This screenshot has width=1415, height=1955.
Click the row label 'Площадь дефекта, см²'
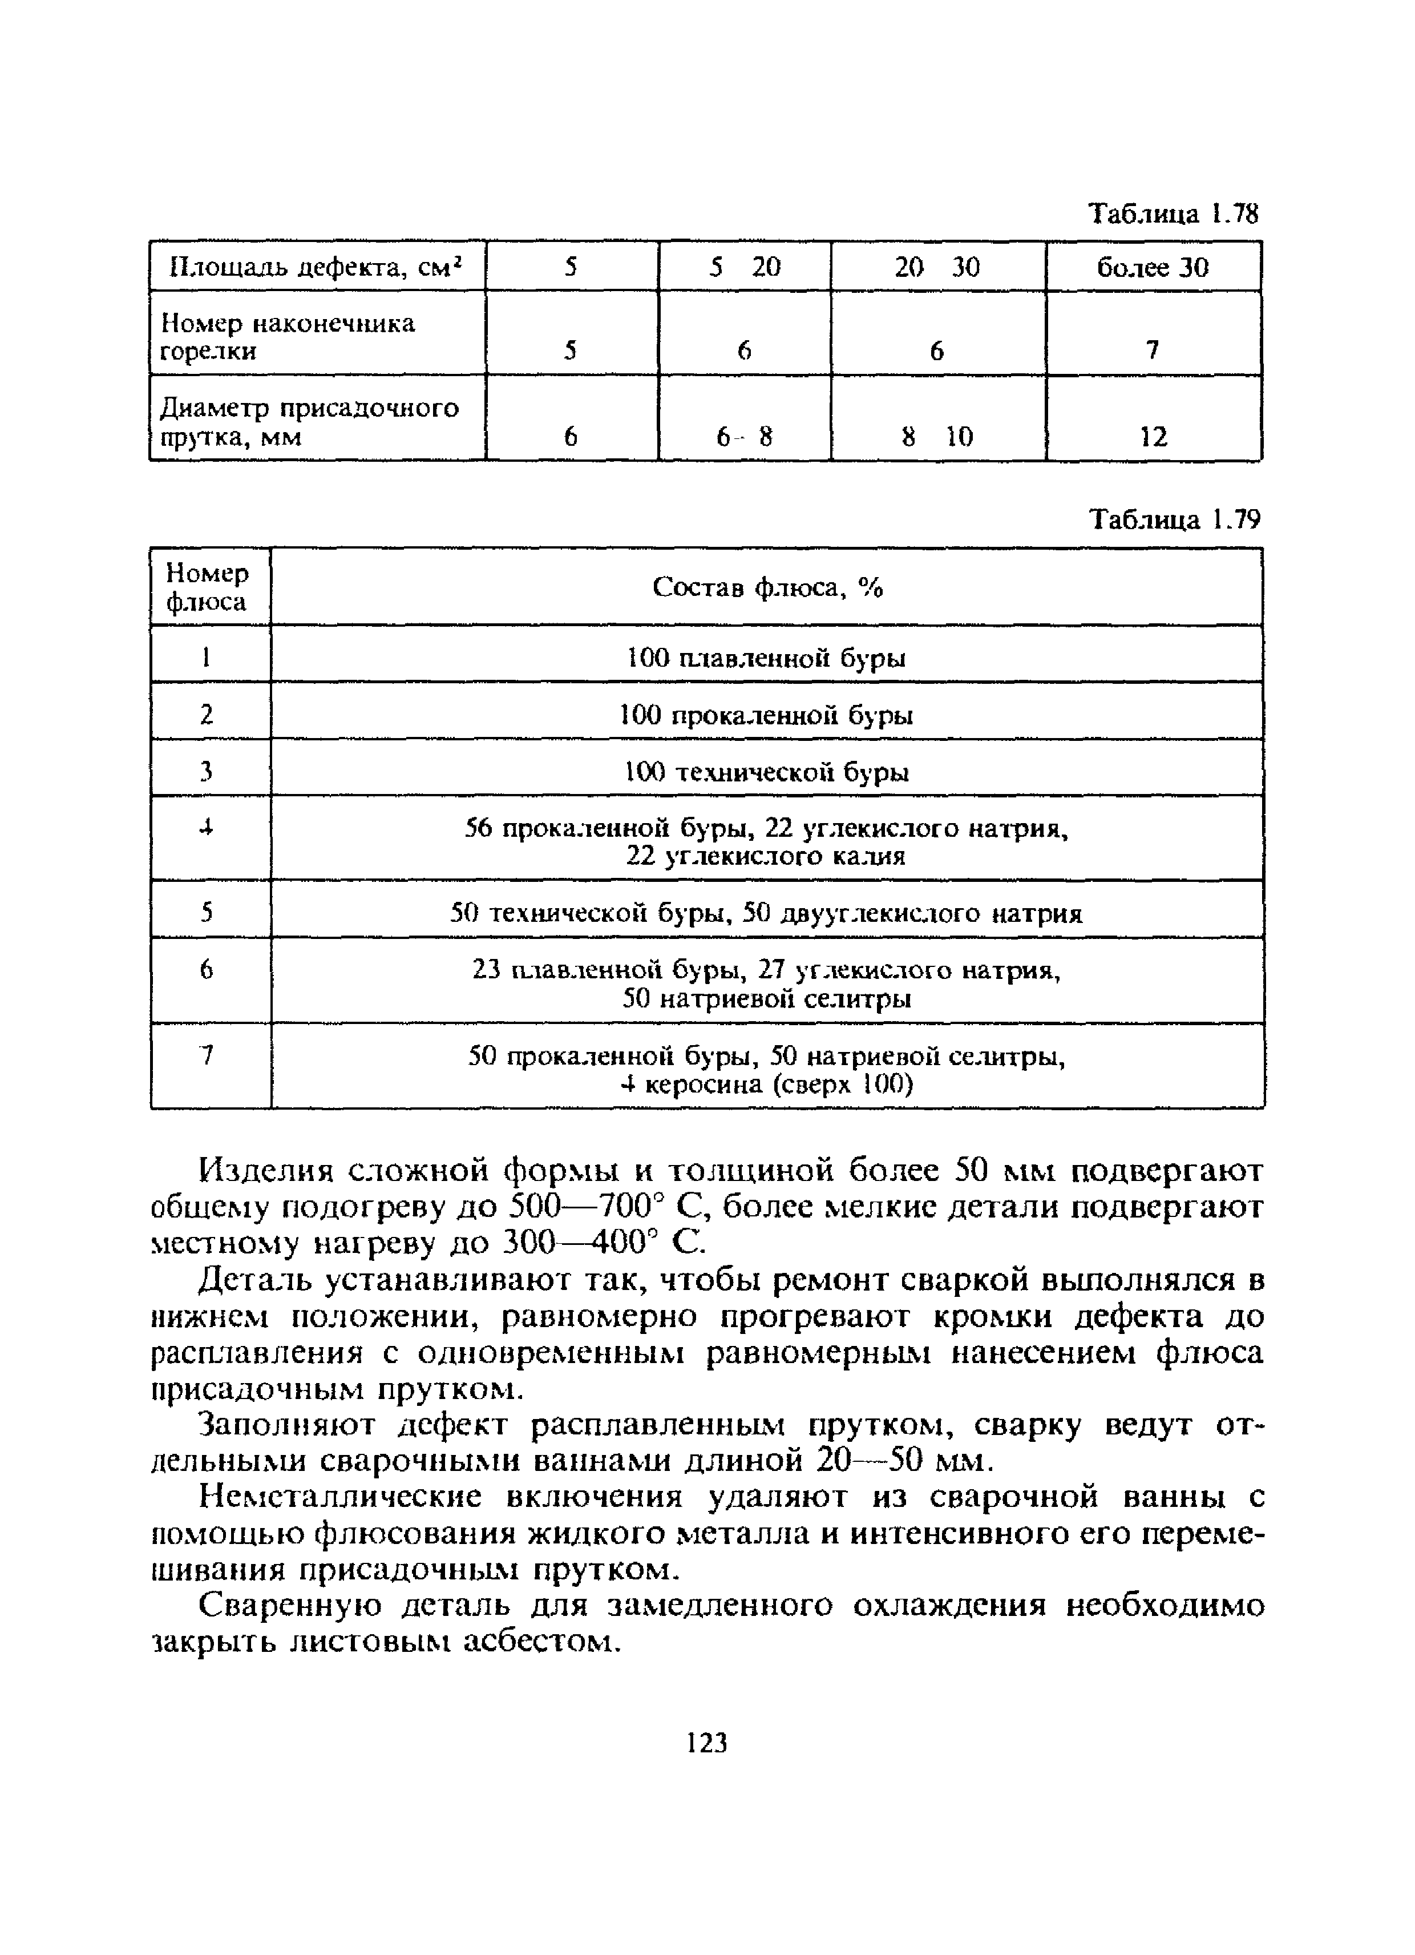tap(316, 267)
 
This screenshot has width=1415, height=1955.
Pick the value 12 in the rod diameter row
tap(1153, 437)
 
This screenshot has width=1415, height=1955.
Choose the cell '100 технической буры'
tap(766, 772)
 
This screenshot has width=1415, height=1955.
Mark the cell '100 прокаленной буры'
tap(766, 715)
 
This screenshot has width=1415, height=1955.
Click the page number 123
tap(706, 1743)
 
